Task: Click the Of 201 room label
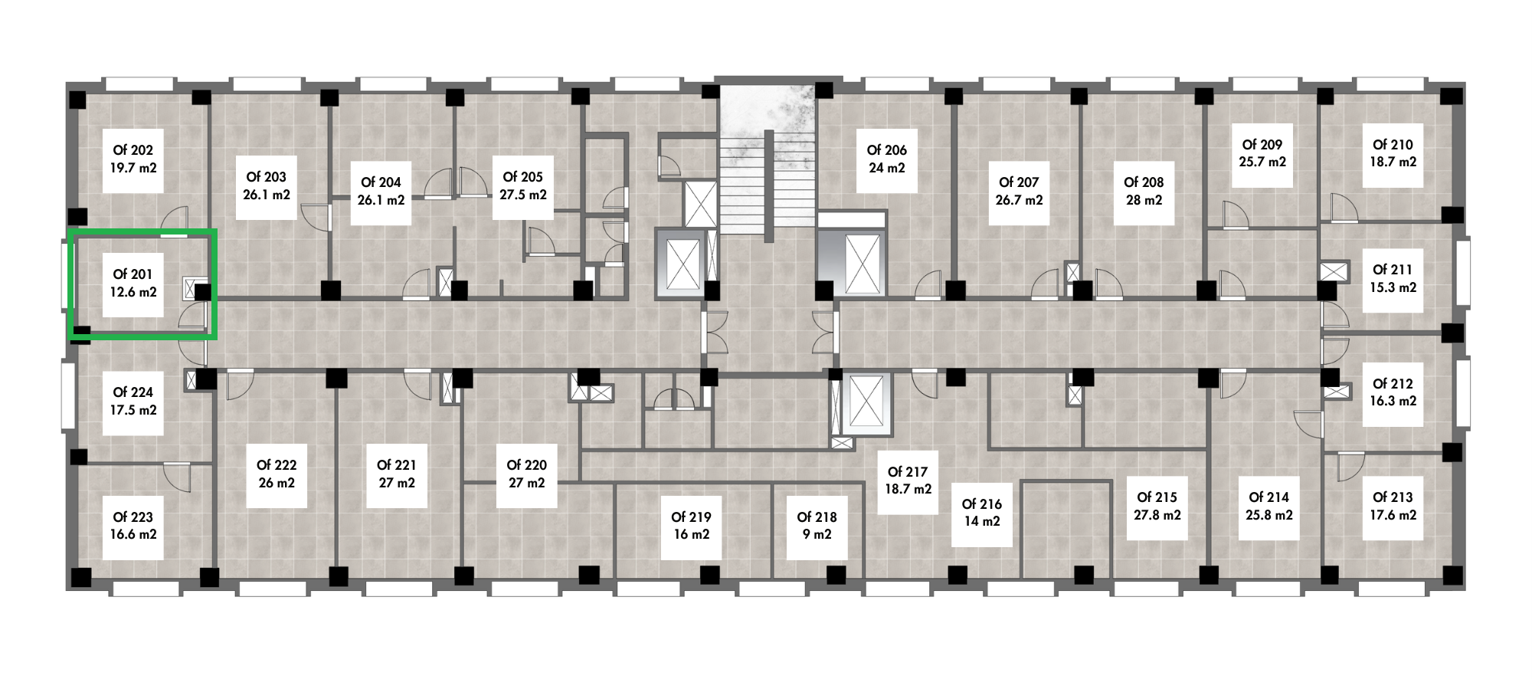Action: pos(133,283)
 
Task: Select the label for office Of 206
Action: pos(887,159)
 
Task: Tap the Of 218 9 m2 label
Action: pos(817,526)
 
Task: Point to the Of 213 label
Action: pos(1393,507)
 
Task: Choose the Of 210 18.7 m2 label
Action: pos(1393,154)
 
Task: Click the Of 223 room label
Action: pos(133,526)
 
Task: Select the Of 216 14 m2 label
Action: pos(982,513)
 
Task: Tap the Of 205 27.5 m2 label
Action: pos(523,186)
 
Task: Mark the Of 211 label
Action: pos(1393,279)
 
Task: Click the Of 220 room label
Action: pos(527,474)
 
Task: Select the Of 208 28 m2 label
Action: pos(1144,192)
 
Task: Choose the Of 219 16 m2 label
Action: pos(692,526)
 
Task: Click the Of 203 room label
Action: pos(267,186)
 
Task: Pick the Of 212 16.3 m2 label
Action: pos(1393,393)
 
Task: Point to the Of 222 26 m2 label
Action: pos(277,474)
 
